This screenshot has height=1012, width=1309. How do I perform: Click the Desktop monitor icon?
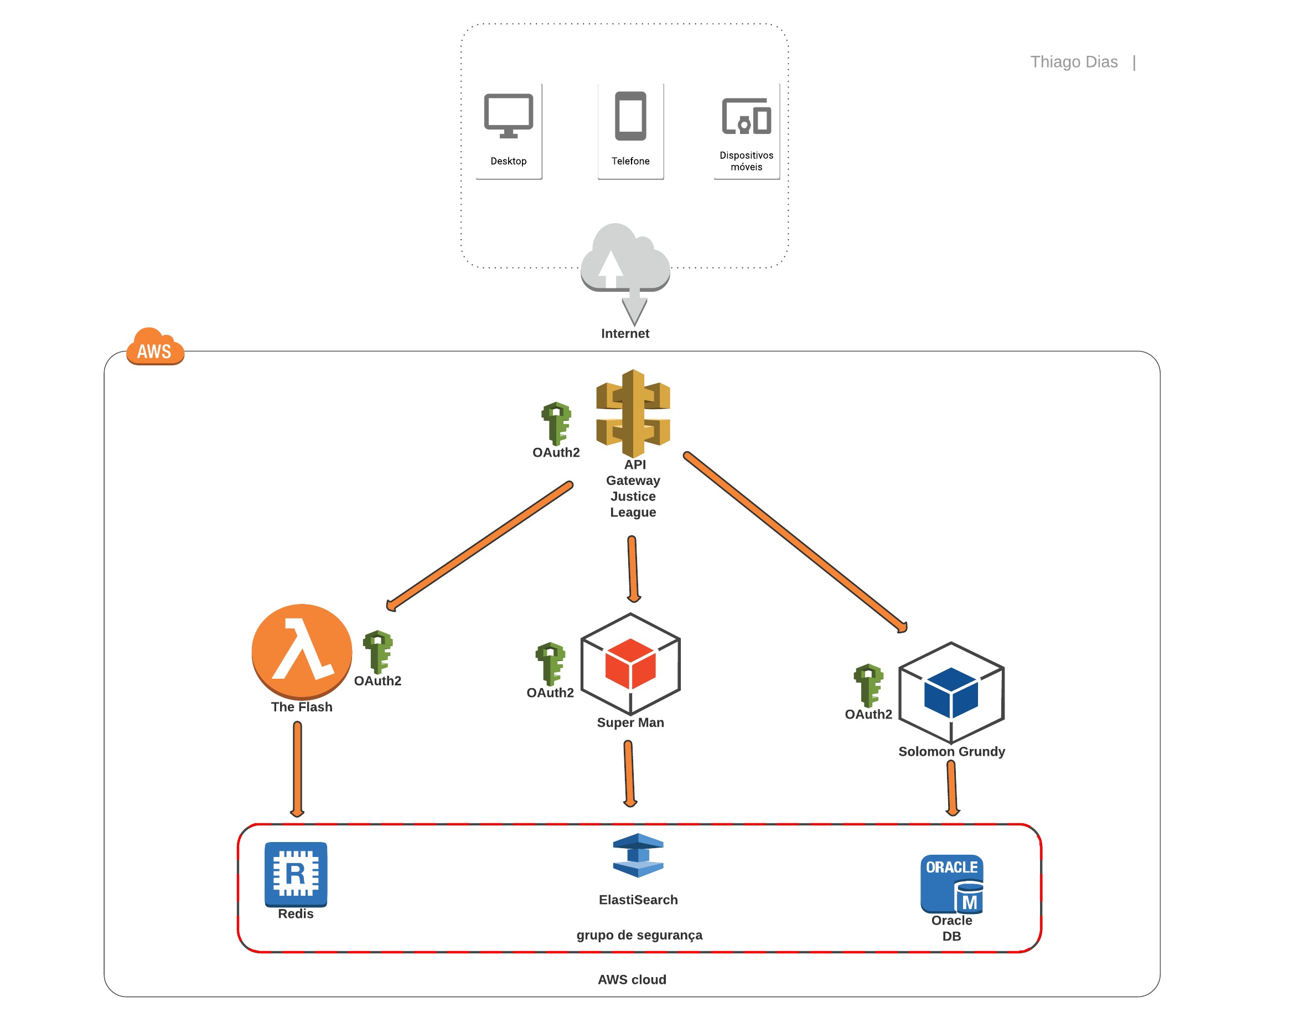[x=508, y=115]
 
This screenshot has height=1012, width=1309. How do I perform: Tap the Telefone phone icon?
[x=630, y=116]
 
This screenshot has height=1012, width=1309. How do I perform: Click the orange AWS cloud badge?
[x=154, y=348]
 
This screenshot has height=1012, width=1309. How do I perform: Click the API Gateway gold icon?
[x=633, y=413]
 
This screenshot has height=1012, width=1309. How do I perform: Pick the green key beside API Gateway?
[x=556, y=424]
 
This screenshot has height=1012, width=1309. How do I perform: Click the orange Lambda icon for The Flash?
[x=302, y=651]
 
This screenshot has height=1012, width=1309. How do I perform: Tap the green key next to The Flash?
[x=377, y=652]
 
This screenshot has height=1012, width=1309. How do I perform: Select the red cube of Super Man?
[x=630, y=664]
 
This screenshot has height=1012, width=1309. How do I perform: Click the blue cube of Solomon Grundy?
[x=951, y=693]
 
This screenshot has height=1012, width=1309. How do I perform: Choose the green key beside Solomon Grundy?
[x=868, y=685]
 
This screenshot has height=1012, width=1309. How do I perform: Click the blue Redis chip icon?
[x=296, y=874]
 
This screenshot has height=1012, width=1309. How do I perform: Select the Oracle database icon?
[x=952, y=884]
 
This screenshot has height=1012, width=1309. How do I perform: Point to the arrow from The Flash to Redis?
[x=297, y=768]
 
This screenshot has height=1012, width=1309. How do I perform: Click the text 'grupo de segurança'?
[x=639, y=934]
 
